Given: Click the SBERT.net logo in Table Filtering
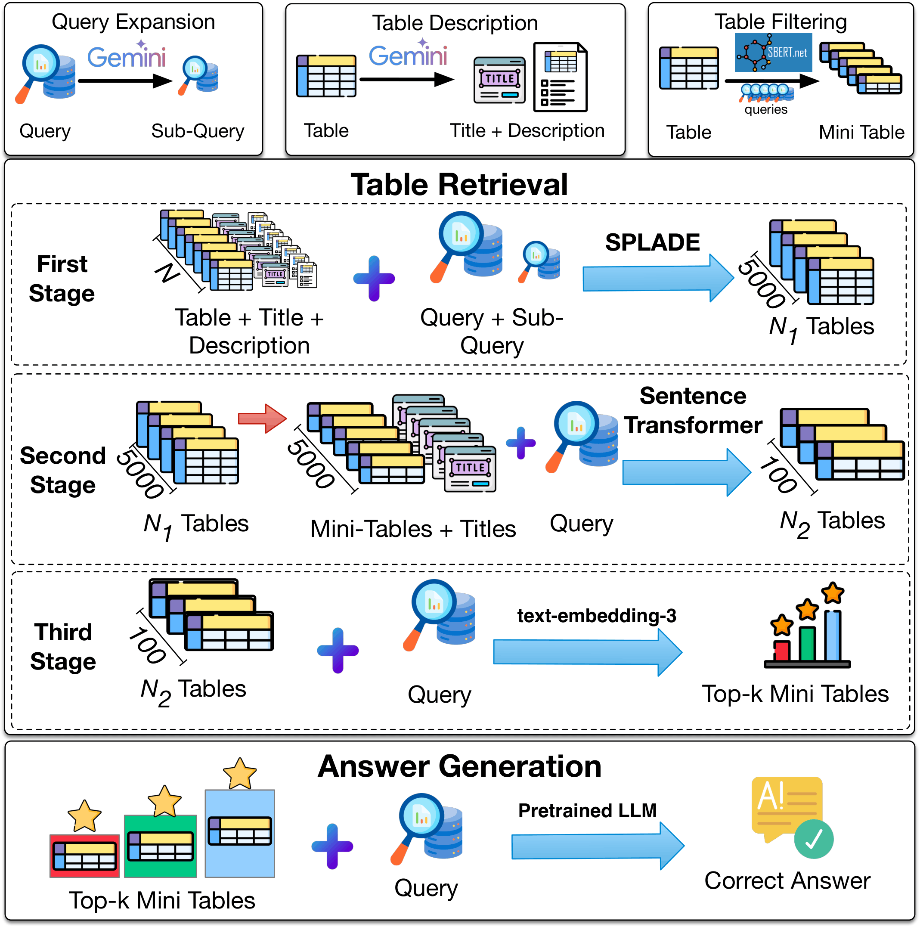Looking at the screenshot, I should (x=773, y=52).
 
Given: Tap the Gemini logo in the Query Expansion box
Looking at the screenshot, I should (x=127, y=56).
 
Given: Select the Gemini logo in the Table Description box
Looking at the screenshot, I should (x=408, y=55).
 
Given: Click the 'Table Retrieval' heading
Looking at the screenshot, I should (x=459, y=185).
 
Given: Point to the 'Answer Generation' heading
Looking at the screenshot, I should (x=459, y=766).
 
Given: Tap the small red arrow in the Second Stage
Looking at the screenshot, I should (x=262, y=419).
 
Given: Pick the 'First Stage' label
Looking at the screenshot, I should (x=62, y=279).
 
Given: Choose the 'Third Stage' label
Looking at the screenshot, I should (x=63, y=647).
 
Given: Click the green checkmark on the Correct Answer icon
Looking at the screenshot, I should (x=814, y=839).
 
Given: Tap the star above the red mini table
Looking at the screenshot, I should (x=84, y=816).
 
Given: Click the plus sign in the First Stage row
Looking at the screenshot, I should (x=374, y=278).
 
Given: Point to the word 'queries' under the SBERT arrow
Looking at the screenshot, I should (x=766, y=110).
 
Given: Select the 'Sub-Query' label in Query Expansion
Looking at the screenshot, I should (x=198, y=131).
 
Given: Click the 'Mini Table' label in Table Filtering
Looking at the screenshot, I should (x=861, y=133).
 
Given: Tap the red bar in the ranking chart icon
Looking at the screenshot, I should (x=782, y=651).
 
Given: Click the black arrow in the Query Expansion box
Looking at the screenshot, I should (x=125, y=81).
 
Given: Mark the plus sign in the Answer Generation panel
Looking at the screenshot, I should (x=332, y=846).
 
